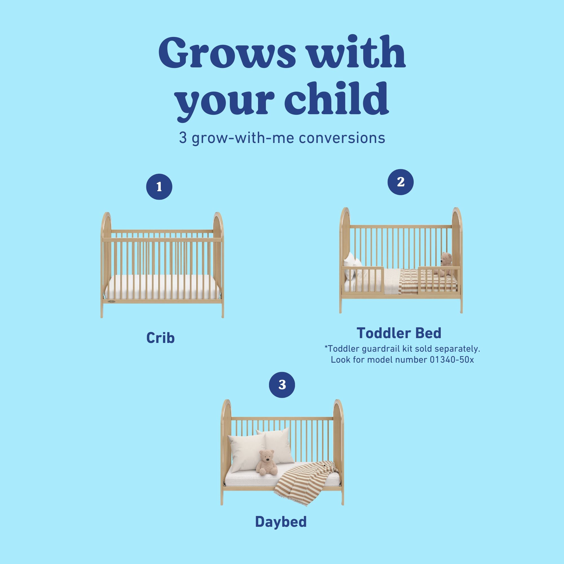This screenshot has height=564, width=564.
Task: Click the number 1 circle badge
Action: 159,187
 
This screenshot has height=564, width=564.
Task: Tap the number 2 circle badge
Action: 400,182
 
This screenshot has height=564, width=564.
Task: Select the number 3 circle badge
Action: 282,385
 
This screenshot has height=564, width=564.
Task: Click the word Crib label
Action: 160,338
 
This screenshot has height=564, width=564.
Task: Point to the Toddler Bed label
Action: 399,333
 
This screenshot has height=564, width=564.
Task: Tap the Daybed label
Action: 281,522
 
